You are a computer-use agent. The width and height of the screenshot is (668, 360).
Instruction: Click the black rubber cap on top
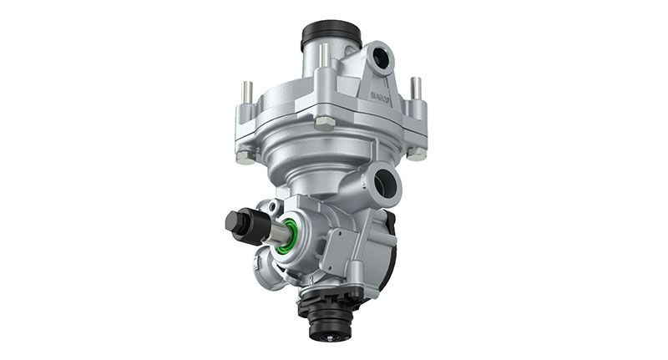point(331,35)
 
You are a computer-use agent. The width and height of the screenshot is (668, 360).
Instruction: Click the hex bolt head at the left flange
point(244,155)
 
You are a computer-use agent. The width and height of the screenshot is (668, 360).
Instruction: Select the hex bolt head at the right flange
point(415,153)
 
